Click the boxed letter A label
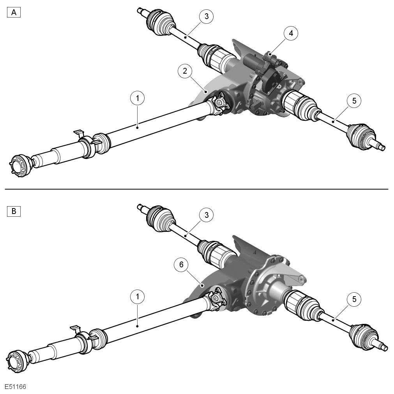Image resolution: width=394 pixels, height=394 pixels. pyautogui.click(x=14, y=12)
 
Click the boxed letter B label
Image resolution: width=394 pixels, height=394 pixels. pyautogui.click(x=14, y=211)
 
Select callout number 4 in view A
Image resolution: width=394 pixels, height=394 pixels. pyautogui.click(x=291, y=33)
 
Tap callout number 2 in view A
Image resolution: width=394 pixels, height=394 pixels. pyautogui.click(x=185, y=71)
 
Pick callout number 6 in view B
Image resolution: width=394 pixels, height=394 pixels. pyautogui.click(x=182, y=265)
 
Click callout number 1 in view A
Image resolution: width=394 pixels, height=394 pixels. pyautogui.click(x=138, y=98)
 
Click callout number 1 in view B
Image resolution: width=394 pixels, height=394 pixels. pyautogui.click(x=138, y=297)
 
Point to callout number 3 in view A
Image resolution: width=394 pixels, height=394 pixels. pyautogui.click(x=207, y=16)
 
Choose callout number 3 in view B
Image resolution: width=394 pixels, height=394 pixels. pyautogui.click(x=207, y=215)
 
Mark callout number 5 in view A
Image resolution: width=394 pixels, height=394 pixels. pyautogui.click(x=354, y=101)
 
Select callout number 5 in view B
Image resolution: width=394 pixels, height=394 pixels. pyautogui.click(x=354, y=299)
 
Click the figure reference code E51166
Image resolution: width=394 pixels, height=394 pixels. pyautogui.click(x=15, y=387)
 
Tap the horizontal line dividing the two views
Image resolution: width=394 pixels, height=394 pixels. pyautogui.click(x=197, y=189)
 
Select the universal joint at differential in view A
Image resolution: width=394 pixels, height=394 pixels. pyautogui.click(x=218, y=104)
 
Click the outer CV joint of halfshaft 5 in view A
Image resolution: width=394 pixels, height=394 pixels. pyautogui.click(x=361, y=136)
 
